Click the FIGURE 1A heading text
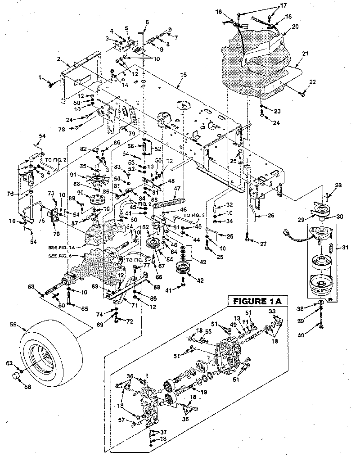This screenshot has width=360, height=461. [255, 301]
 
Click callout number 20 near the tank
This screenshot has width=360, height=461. [295, 27]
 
